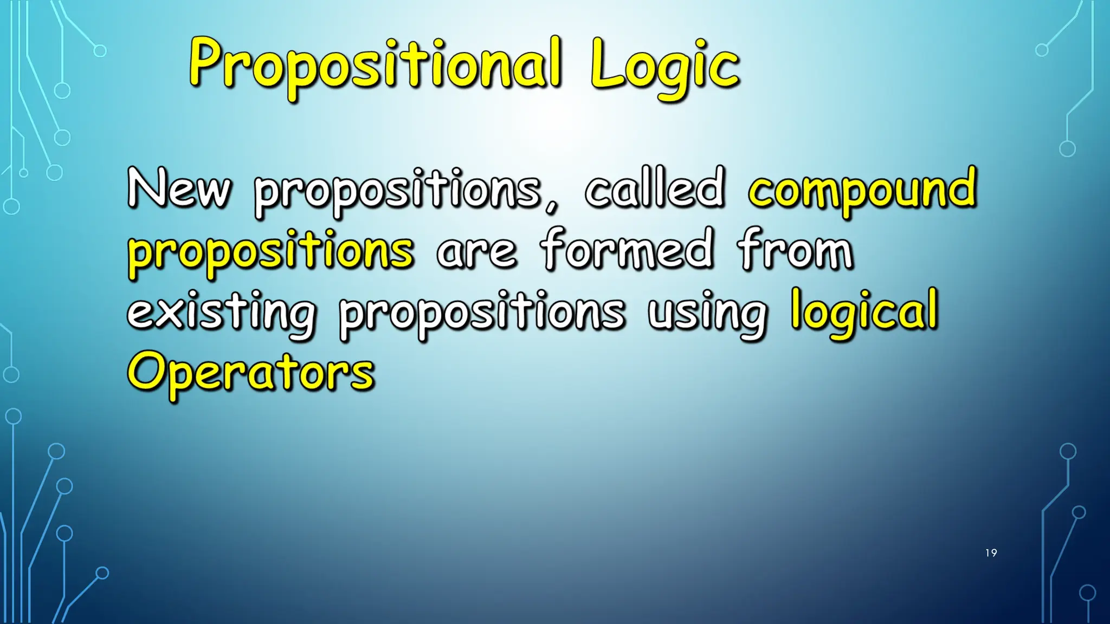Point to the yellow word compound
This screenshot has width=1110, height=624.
tap(862, 190)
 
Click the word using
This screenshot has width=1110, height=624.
tap(707, 313)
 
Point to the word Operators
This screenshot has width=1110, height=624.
tap(250, 372)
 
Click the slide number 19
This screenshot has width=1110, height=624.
tap(991, 553)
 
